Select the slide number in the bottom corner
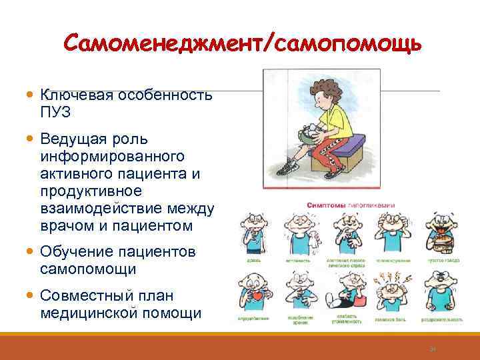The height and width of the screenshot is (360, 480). point(432,347)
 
